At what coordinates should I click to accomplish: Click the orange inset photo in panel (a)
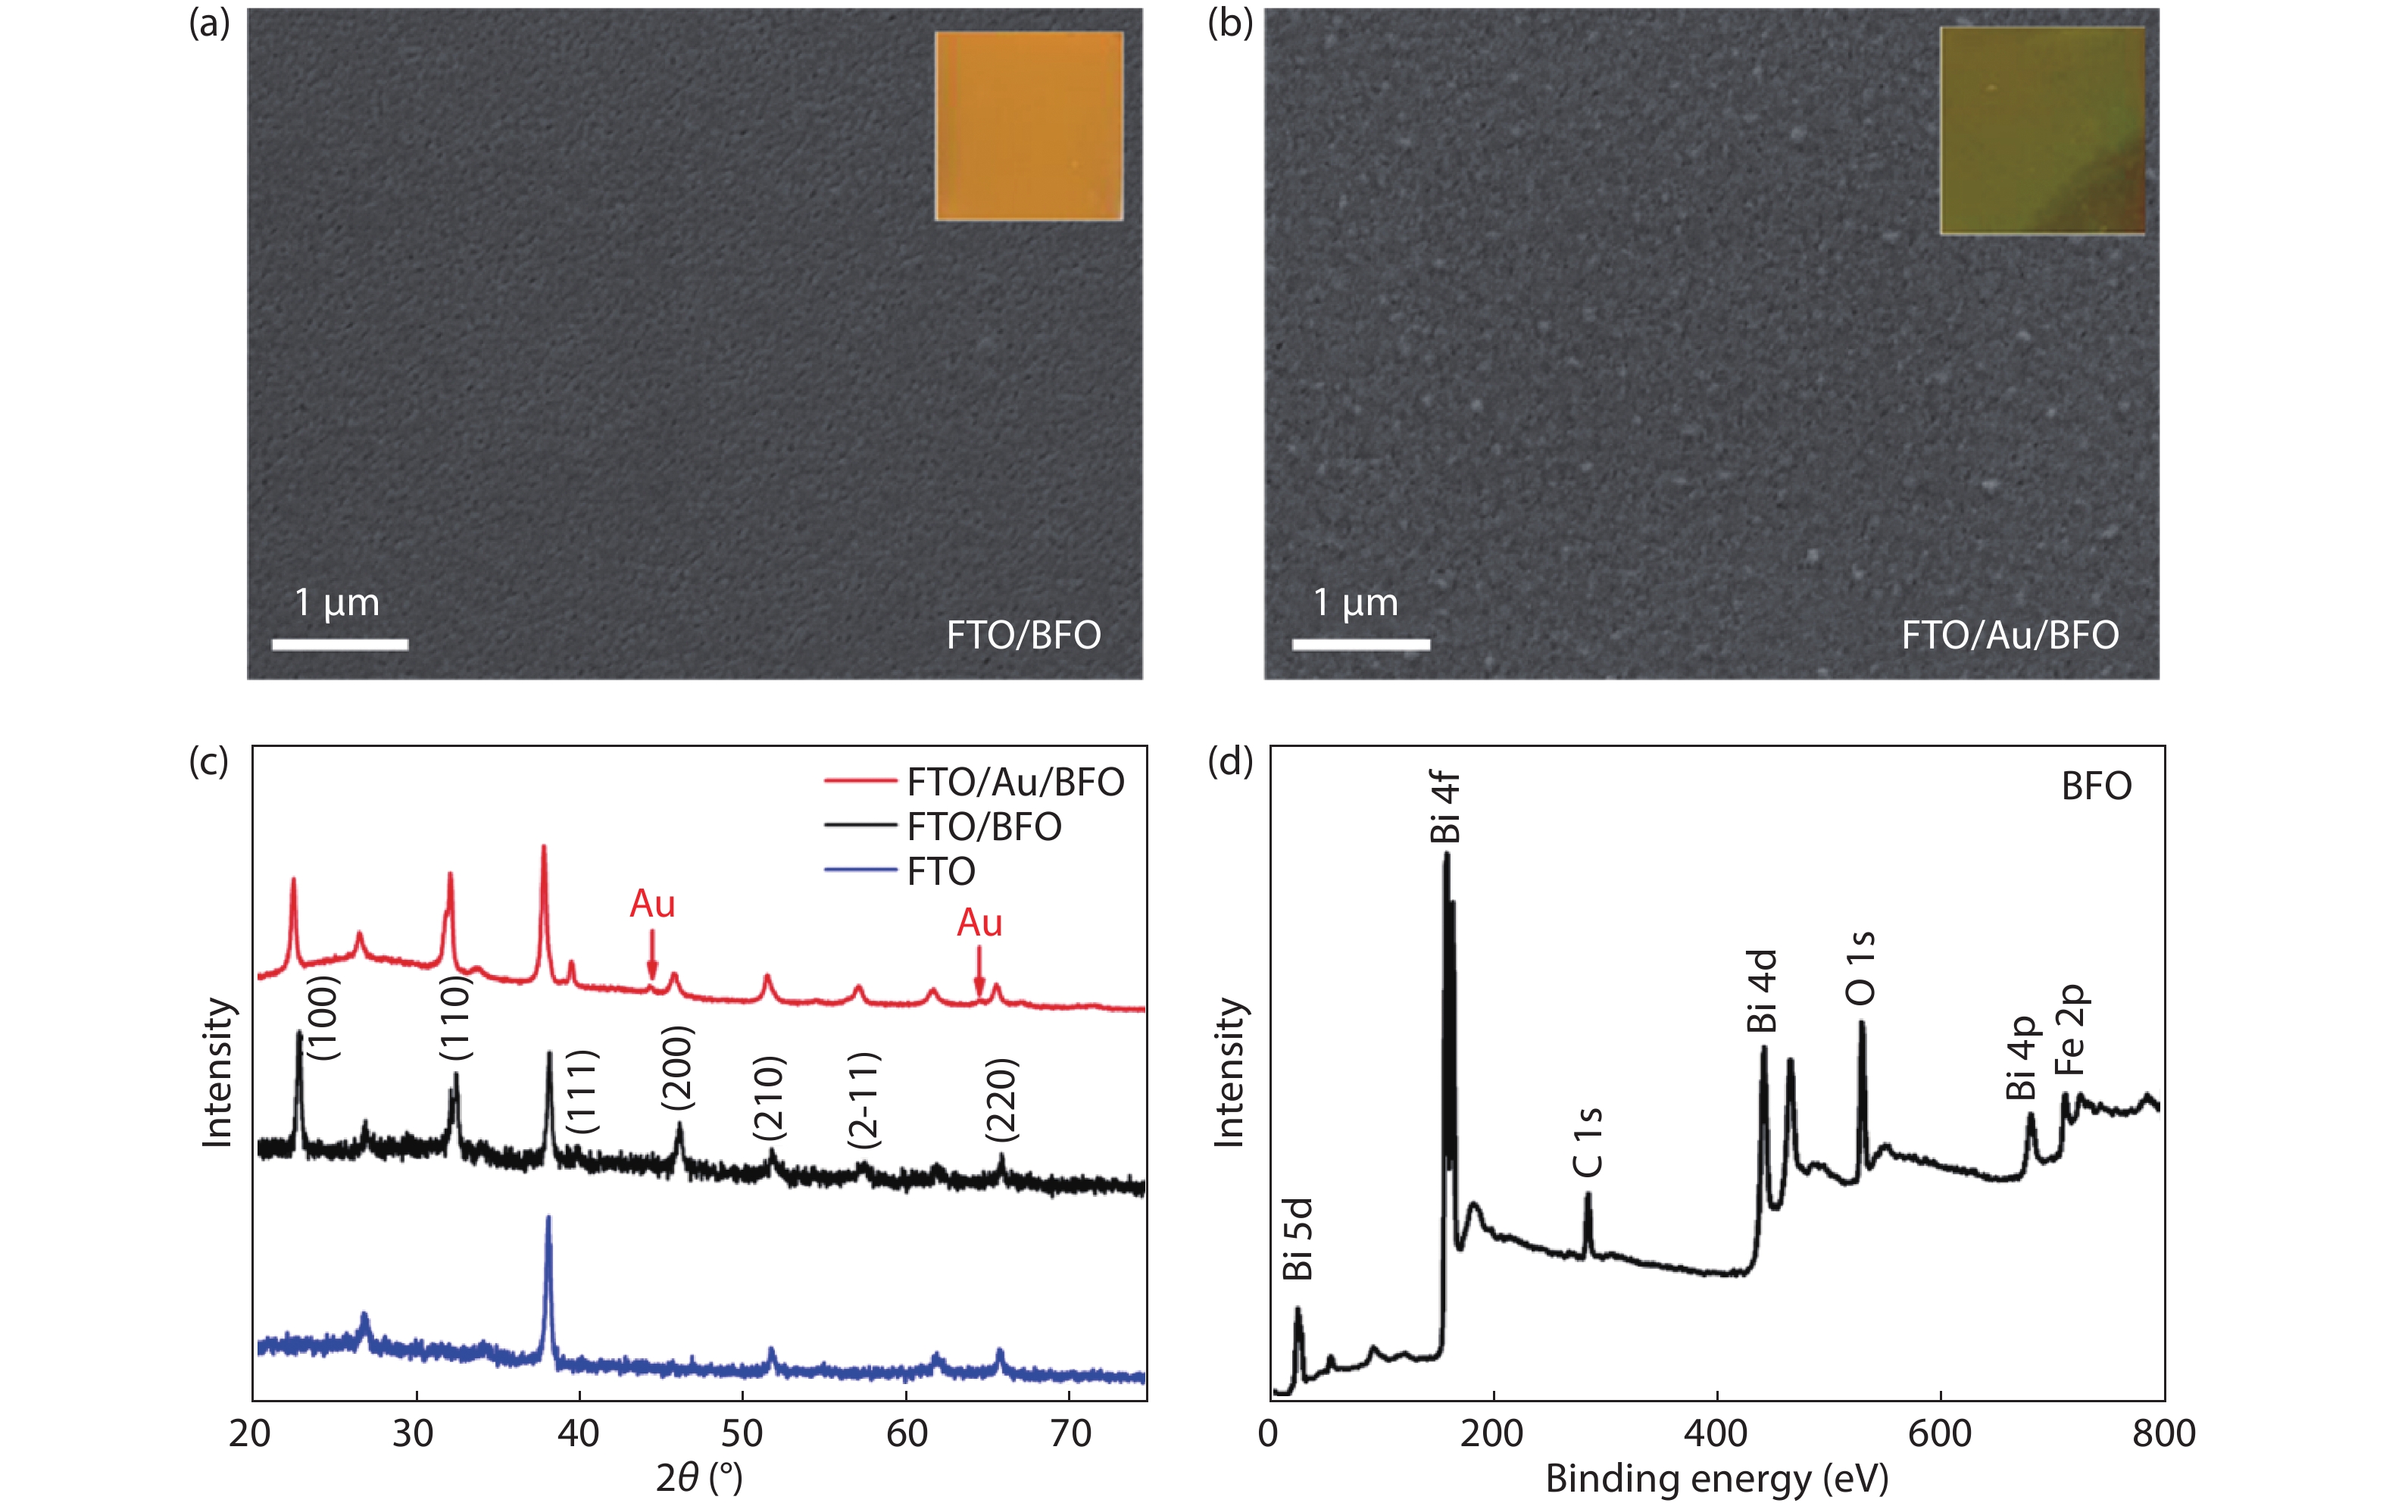(x=1029, y=126)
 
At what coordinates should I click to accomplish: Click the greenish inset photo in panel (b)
(x=2042, y=131)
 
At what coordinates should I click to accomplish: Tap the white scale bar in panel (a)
(x=340, y=645)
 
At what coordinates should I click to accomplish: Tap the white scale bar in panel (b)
(x=1360, y=645)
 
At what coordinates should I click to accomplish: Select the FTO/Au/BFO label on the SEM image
(x=2010, y=635)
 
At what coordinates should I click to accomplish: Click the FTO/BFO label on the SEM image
(x=1023, y=635)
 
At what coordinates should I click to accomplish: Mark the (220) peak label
(x=1001, y=1100)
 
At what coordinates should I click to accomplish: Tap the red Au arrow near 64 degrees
(x=979, y=972)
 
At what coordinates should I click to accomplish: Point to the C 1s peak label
(x=1588, y=1142)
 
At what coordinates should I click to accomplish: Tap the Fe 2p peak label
(x=2071, y=1030)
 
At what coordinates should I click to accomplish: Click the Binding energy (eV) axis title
(x=1716, y=1478)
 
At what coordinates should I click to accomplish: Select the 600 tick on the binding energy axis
(x=1939, y=1433)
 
